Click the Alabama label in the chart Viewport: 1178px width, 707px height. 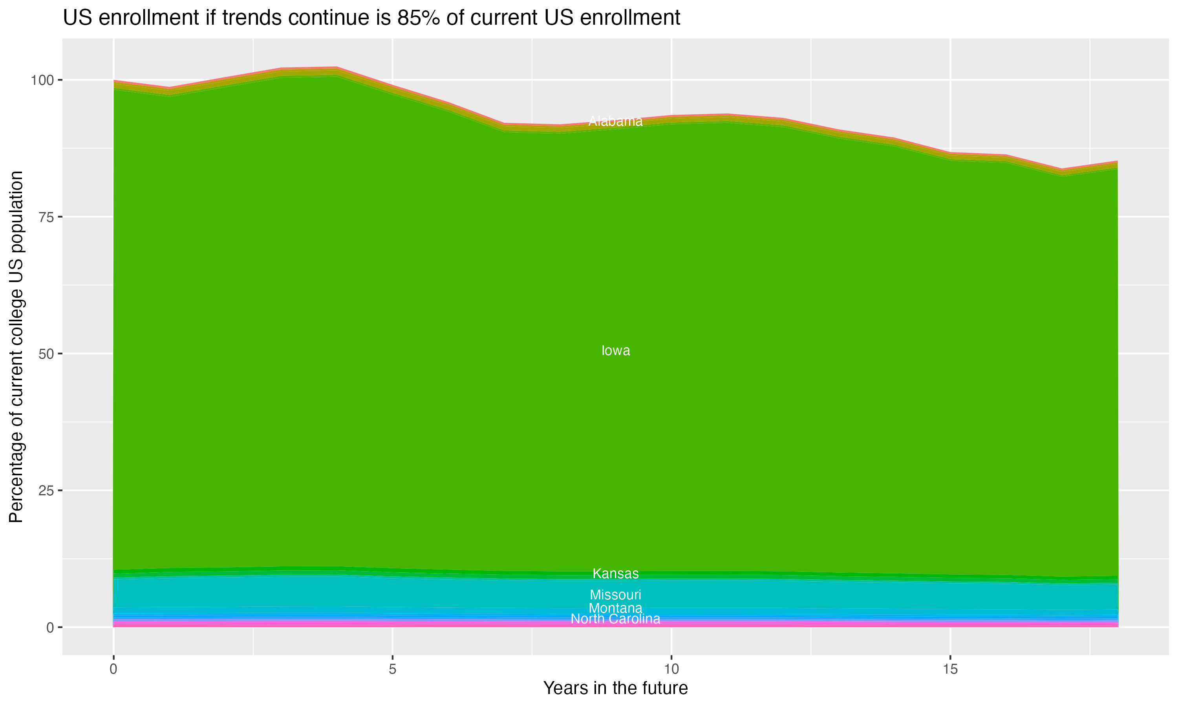(615, 121)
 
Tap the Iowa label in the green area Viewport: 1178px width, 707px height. (615, 351)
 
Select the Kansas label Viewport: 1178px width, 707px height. (615, 573)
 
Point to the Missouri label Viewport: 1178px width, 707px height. (615, 595)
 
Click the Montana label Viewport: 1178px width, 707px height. (615, 608)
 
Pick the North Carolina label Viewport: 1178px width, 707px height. (615, 619)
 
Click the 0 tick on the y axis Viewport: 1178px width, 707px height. (49, 627)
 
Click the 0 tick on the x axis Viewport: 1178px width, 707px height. (113, 669)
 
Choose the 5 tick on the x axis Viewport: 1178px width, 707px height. (392, 669)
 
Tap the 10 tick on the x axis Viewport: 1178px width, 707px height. (671, 669)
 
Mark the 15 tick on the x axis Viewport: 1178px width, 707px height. (950, 669)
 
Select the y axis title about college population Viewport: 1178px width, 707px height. (16, 346)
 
